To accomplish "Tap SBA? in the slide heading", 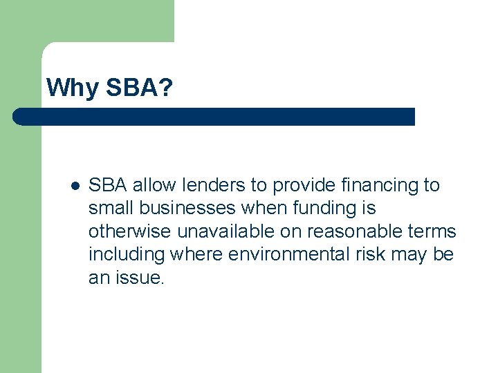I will tap(139, 88).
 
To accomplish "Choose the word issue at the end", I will tap(141, 278).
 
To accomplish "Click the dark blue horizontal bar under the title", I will tap(214, 117).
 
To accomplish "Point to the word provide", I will tap(298, 185).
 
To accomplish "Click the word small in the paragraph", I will tap(110, 208).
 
